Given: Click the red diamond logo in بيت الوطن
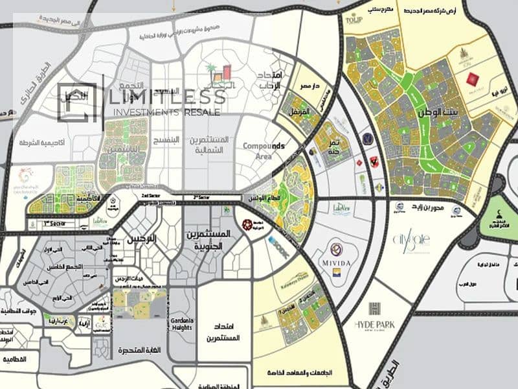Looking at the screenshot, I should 472,80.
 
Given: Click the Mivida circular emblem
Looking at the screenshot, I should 336,249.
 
